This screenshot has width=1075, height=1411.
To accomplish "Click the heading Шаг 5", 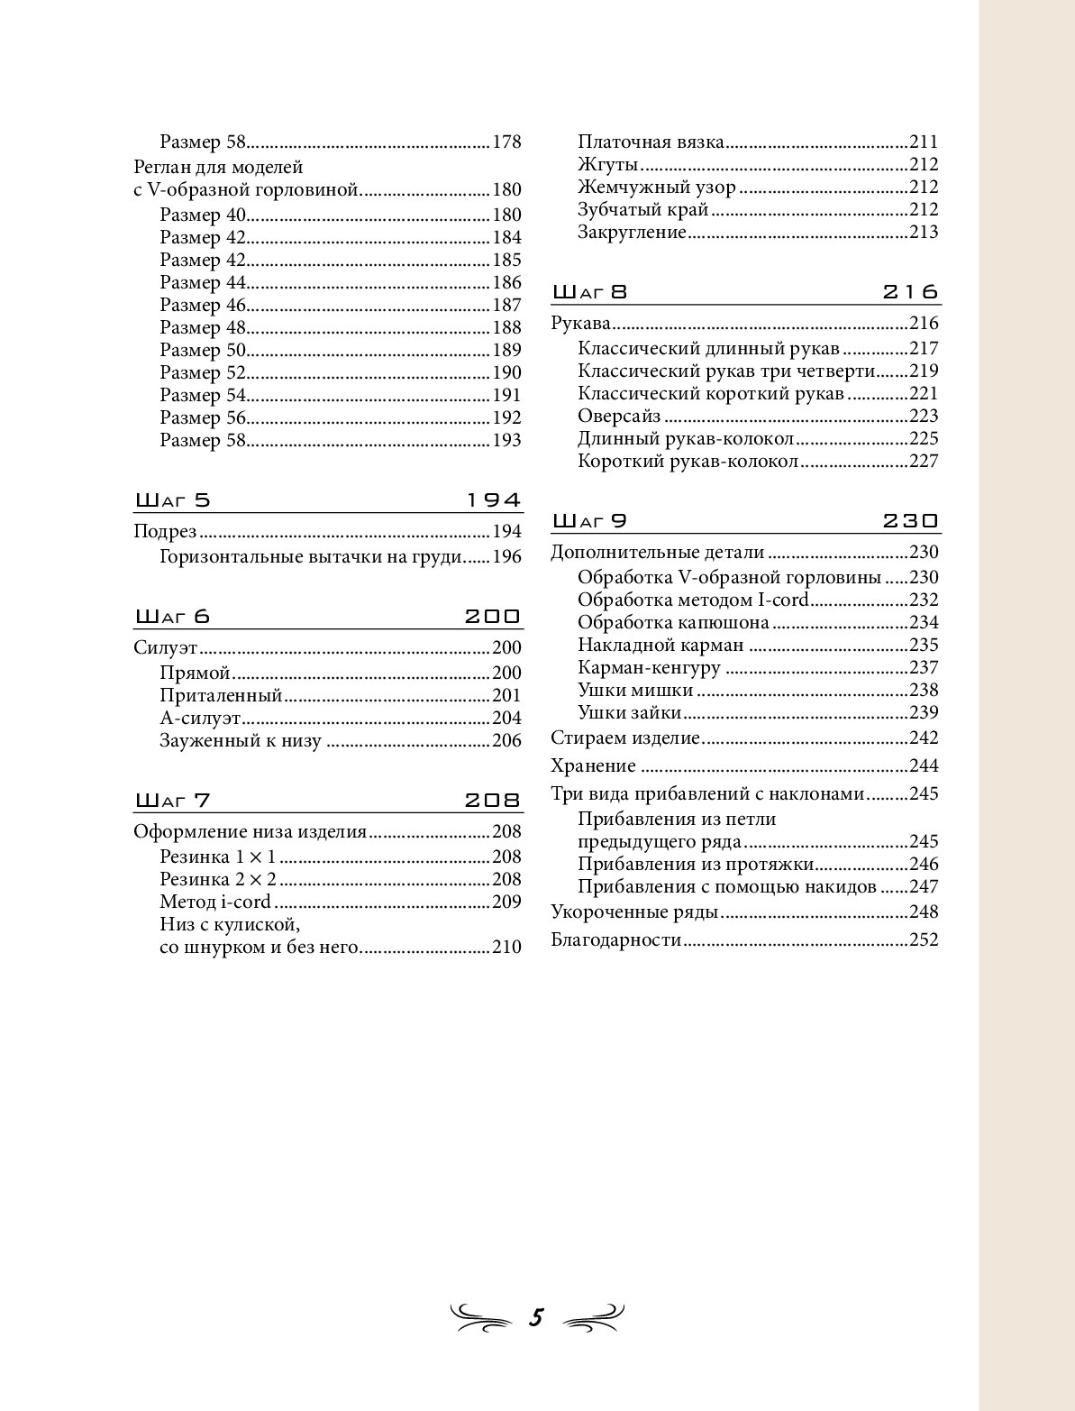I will [172, 500].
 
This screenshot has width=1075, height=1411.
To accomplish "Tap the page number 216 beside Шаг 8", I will [910, 292].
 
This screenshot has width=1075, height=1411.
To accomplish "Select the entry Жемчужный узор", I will [657, 188].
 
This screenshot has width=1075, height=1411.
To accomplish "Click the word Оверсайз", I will [619, 417].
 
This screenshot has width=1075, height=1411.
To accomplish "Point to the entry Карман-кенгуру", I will [649, 668].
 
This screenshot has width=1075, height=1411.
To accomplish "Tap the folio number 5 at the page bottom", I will [536, 1317].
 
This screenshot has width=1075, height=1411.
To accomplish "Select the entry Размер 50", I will [203, 351].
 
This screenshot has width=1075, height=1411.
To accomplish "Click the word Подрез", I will [165, 532].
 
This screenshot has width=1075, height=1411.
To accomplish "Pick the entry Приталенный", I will [221, 696].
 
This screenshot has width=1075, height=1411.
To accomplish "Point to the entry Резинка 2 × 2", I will [218, 880].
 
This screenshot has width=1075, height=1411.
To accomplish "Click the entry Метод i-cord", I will [215, 902].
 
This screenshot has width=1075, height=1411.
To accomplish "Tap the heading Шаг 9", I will [589, 521].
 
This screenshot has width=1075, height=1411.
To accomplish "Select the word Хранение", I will [593, 766].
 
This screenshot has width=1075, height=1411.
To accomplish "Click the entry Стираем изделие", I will [625, 738].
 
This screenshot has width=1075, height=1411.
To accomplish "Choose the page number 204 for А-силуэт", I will [506, 719].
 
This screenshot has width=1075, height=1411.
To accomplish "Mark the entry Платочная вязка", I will [651, 142].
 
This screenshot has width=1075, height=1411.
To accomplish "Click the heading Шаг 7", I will [172, 801].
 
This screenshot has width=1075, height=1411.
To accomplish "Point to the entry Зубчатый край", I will [643, 210].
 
